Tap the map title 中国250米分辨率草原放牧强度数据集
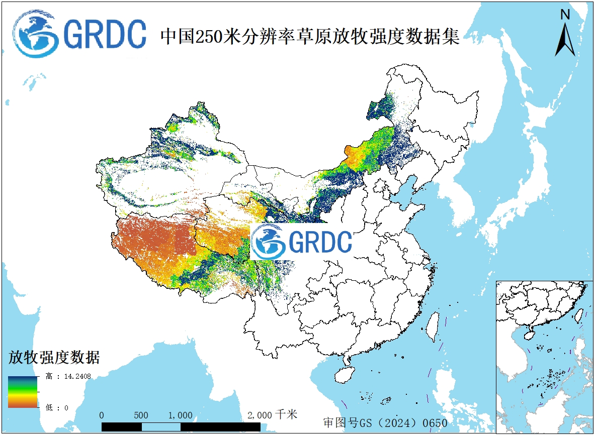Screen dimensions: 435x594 pos(309,36)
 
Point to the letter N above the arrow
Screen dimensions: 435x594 pos(565,15)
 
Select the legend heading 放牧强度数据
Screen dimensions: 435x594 pos(54,358)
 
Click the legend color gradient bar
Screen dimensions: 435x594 pos(23,392)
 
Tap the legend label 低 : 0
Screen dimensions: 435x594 pos(57,408)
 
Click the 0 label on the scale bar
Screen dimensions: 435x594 pos(102,415)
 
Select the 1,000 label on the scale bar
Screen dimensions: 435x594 pos(180,415)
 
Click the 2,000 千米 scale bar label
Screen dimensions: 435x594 pos(272,415)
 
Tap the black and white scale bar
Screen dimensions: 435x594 pos(181,426)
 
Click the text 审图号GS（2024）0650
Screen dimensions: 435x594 pos(385,422)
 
